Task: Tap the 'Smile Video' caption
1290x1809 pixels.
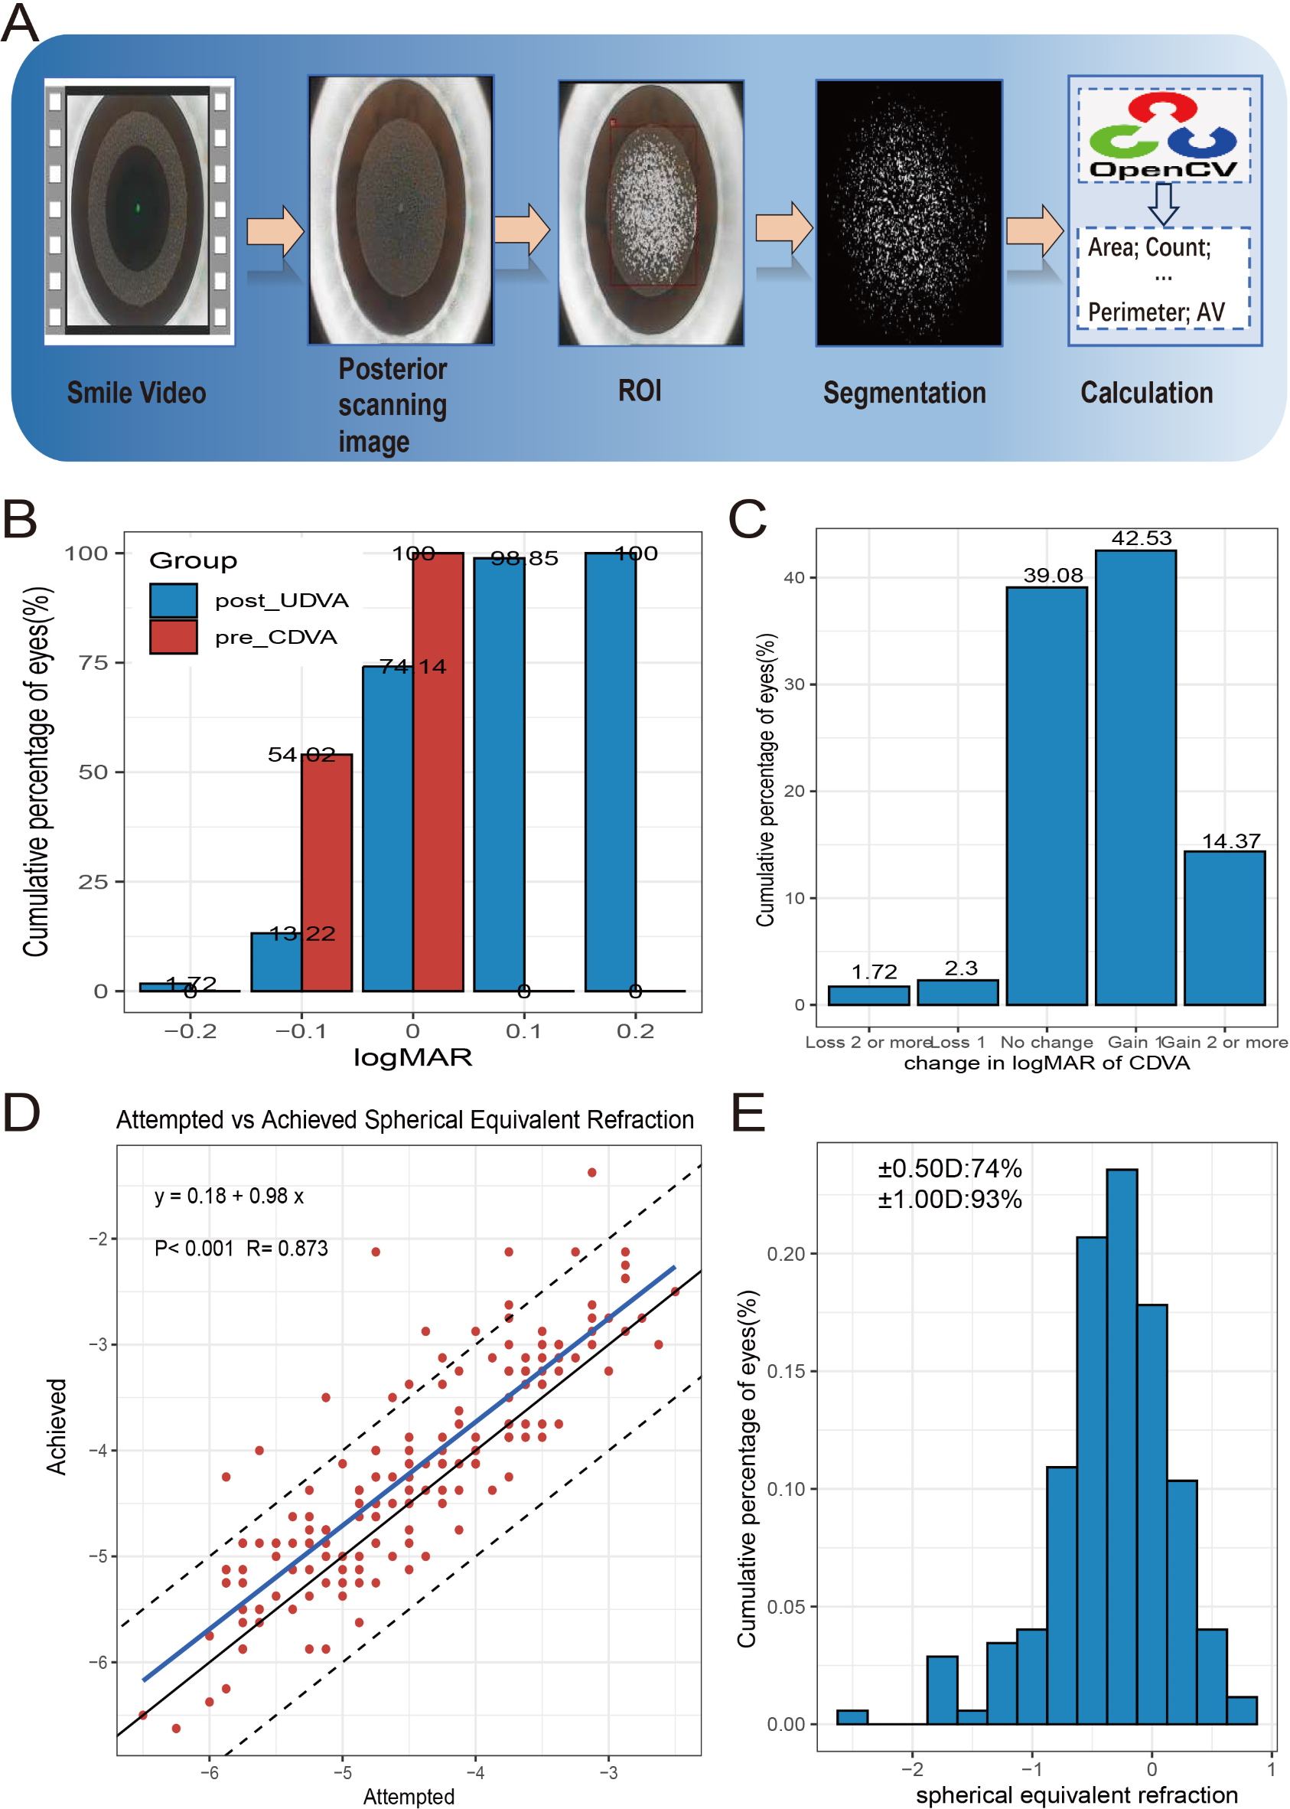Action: pyautogui.click(x=136, y=393)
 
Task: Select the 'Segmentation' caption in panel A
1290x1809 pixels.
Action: pyautogui.click(x=904, y=393)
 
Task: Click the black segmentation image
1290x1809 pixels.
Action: pyautogui.click(x=909, y=213)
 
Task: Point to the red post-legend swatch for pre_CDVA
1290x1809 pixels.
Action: pyautogui.click(x=173, y=637)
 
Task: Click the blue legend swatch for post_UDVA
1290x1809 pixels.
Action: pyautogui.click(x=173, y=600)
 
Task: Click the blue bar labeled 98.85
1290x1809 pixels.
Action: pyautogui.click(x=499, y=775)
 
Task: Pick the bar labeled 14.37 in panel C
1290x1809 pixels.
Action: pyautogui.click(x=1224, y=928)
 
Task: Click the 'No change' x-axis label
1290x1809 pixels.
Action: pyautogui.click(x=1046, y=1042)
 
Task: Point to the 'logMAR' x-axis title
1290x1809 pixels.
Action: pyautogui.click(x=412, y=1057)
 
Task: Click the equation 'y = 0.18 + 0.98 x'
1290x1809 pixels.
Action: pyautogui.click(x=229, y=1197)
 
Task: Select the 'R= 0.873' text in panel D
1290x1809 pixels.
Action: pyautogui.click(x=287, y=1248)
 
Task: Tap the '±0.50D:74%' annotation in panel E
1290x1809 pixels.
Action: pyautogui.click(x=950, y=1168)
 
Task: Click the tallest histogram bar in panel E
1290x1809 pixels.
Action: pyautogui.click(x=1122, y=1447)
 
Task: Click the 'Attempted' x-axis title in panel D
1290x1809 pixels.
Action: pyautogui.click(x=409, y=1796)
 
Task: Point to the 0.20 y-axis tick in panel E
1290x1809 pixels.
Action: pyautogui.click(x=786, y=1253)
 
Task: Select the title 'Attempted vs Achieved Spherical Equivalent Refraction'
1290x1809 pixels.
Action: pyautogui.click(x=405, y=1119)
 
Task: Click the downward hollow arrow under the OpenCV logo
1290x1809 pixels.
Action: pyautogui.click(x=1164, y=204)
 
